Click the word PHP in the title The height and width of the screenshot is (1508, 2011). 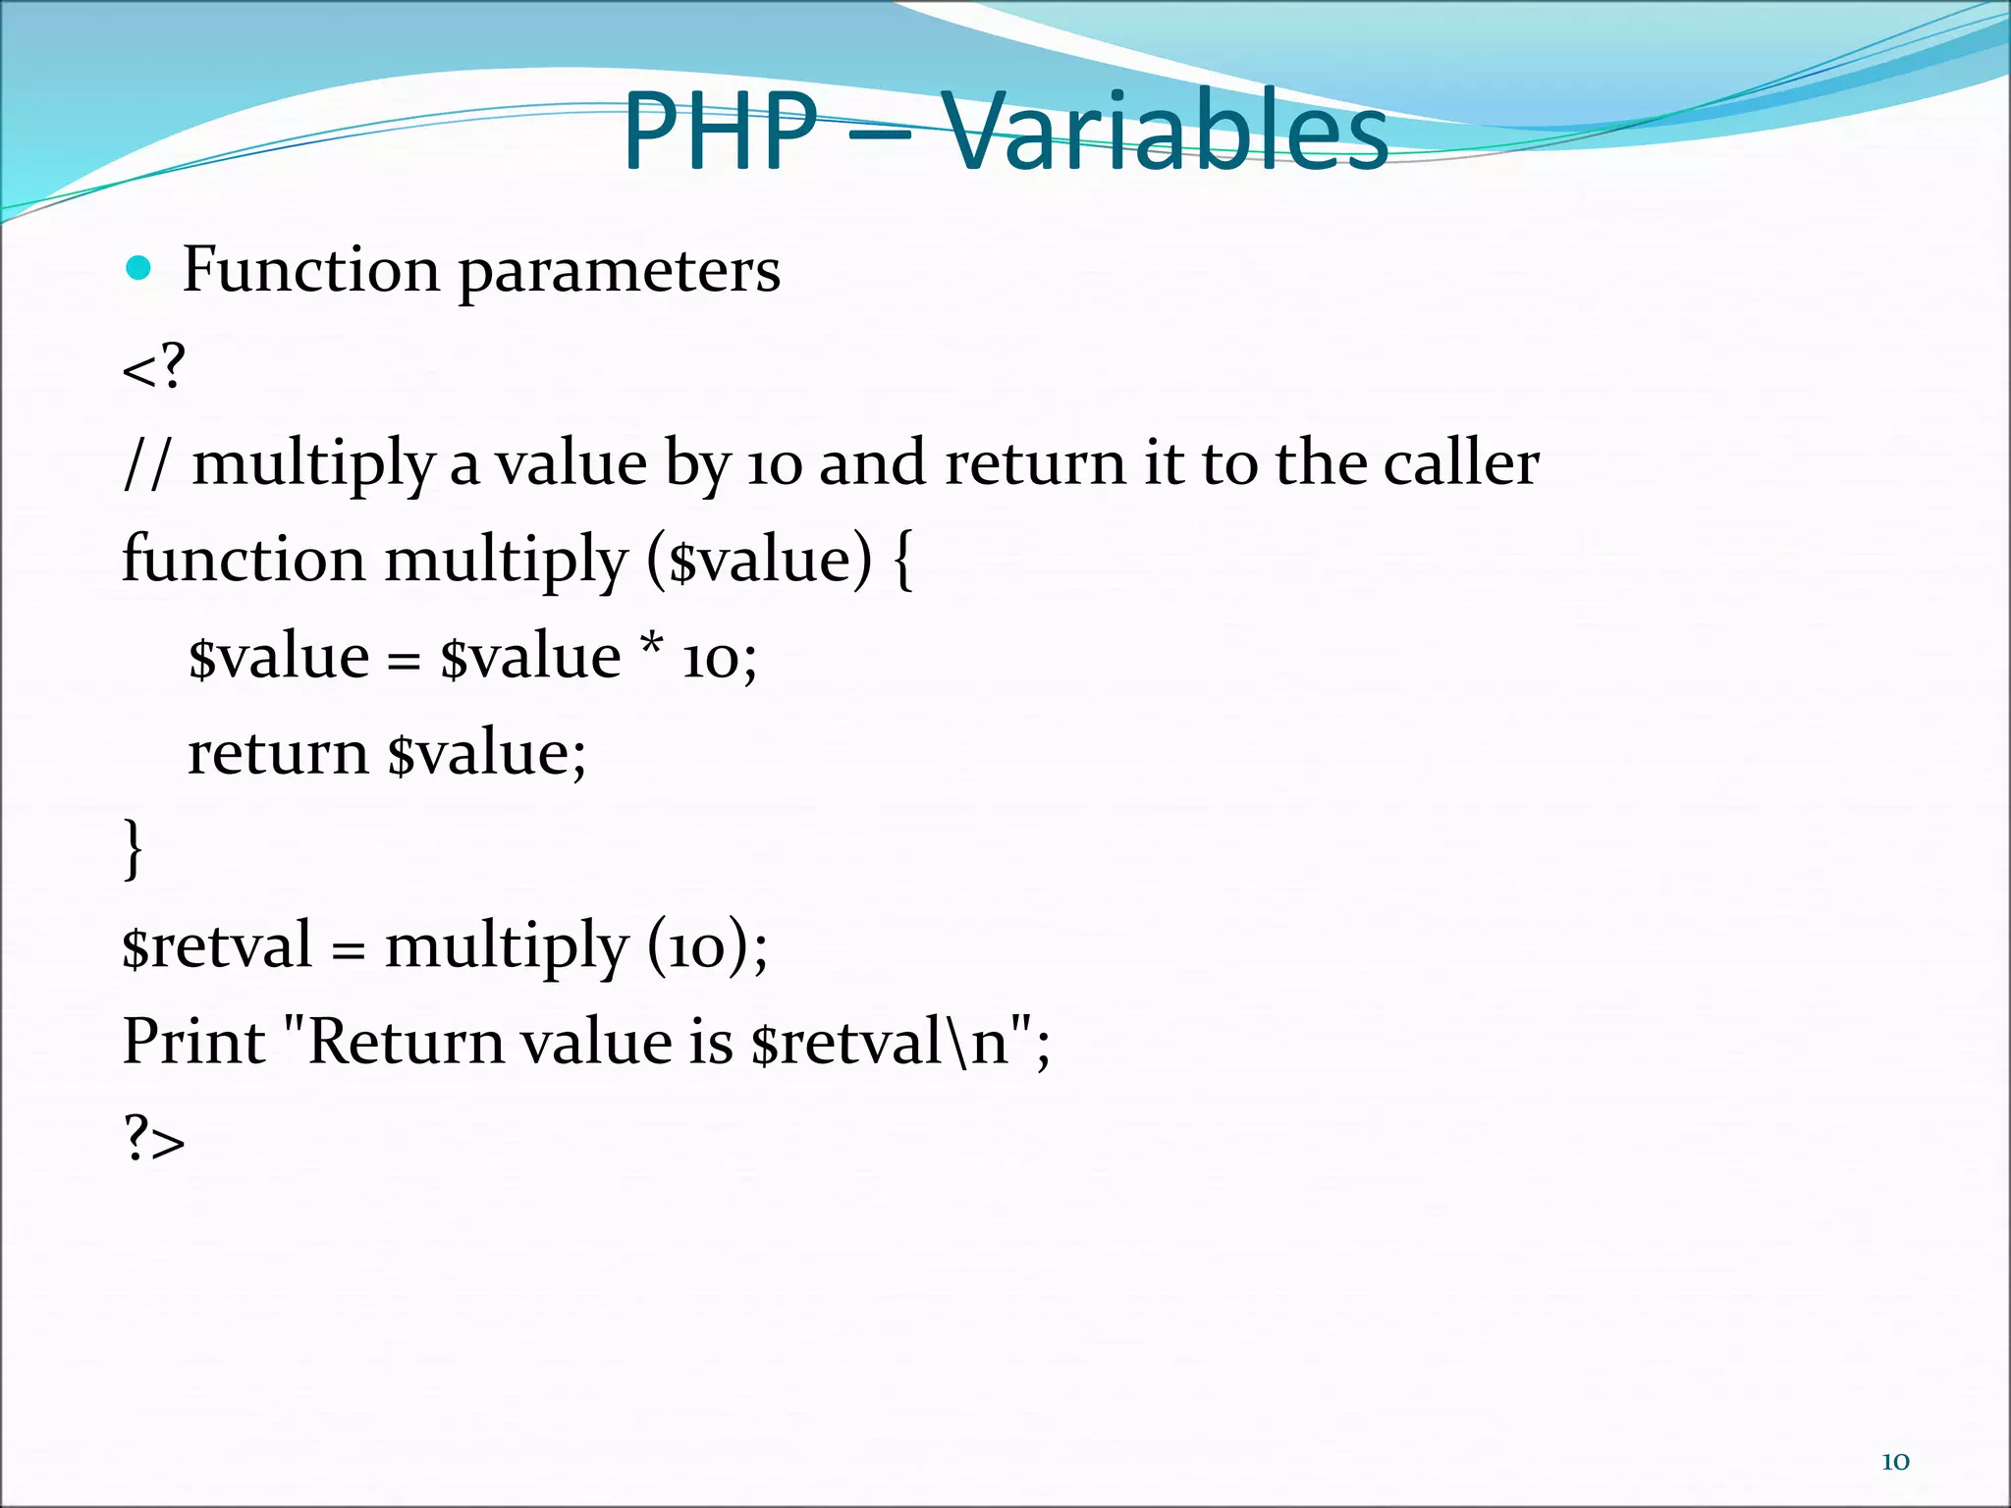(x=720, y=131)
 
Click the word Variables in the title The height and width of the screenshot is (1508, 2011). (x=1166, y=131)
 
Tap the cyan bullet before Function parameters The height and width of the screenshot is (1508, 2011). (x=139, y=267)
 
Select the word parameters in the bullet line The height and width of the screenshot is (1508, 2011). (x=619, y=270)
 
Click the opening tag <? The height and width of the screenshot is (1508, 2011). (x=153, y=367)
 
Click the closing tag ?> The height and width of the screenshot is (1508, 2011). (x=154, y=1139)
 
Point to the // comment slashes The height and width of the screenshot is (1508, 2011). (x=147, y=463)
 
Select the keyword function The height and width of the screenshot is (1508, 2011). (x=243, y=560)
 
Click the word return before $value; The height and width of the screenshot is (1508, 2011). (x=277, y=754)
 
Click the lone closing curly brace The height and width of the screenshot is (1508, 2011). (x=134, y=849)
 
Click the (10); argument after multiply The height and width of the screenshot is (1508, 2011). (x=706, y=946)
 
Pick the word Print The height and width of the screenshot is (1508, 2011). (x=193, y=1042)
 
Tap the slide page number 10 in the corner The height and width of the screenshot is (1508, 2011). (x=1894, y=1461)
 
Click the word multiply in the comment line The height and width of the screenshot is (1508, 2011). (x=312, y=463)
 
